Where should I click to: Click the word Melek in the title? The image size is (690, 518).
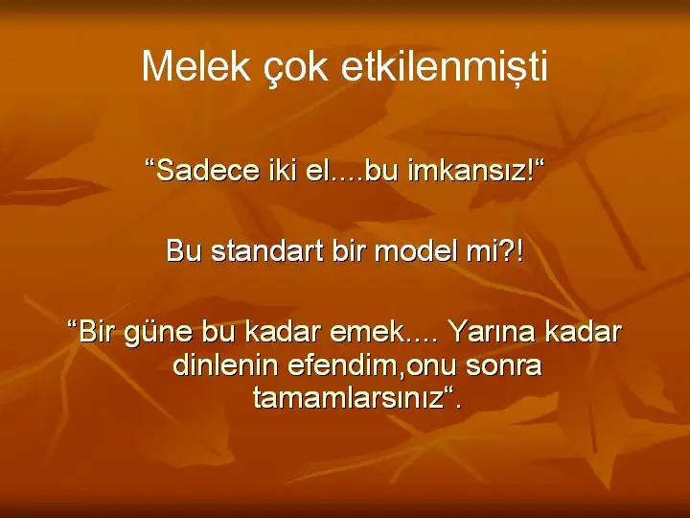[196, 66]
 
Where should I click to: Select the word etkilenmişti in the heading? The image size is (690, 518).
[444, 66]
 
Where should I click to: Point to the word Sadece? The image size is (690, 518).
[208, 170]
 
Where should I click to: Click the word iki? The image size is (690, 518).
[283, 170]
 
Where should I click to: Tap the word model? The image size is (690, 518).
[413, 250]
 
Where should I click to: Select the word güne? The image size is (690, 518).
[158, 332]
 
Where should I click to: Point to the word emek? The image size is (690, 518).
[366, 332]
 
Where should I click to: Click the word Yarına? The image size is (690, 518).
[491, 332]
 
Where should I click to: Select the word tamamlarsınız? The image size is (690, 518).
[348, 398]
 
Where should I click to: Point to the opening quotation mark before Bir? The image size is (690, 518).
[73, 324]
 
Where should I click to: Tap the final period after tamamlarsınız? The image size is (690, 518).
[458, 407]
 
